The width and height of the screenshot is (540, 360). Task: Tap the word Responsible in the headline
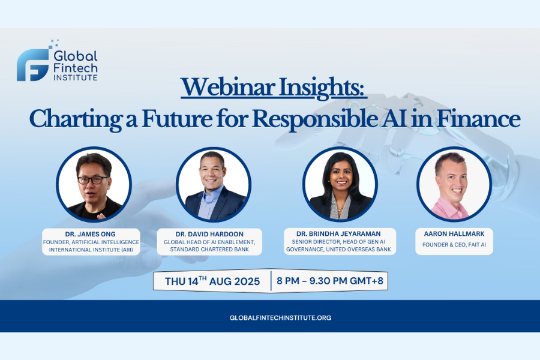pos(326,118)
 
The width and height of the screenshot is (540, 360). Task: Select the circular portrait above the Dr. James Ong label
pos(94,184)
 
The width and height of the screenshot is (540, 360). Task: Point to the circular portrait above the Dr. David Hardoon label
pos(213,184)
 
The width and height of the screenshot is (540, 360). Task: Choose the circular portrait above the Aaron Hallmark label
pos(454,184)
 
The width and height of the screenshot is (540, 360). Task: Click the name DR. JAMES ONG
pos(91,233)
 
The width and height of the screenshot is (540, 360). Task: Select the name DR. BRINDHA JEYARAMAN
pos(340,233)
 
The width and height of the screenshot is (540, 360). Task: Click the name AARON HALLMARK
pos(454,233)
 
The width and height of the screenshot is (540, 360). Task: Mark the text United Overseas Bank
pos(360,249)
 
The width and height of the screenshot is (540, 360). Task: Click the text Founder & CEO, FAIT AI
pos(454,244)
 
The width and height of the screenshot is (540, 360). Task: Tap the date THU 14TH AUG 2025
pos(213,281)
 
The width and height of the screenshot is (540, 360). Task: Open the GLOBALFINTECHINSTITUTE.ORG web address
pos(280,317)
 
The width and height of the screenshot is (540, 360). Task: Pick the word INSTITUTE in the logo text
pos(76,77)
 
